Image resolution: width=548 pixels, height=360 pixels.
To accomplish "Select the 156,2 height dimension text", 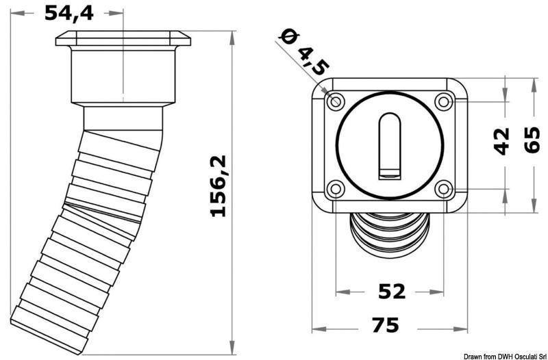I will [x=218, y=185].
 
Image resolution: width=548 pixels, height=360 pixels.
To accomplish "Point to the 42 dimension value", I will [x=503, y=141].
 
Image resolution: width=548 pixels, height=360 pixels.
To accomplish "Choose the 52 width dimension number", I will [x=391, y=292].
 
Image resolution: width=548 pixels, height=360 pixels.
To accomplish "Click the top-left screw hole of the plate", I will [x=336, y=101].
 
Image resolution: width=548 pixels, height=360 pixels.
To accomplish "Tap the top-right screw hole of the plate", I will [x=443, y=102].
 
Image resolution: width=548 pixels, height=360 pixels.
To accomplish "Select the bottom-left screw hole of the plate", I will [x=336, y=189].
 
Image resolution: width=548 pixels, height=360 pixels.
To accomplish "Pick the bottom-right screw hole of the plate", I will [x=443, y=189].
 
